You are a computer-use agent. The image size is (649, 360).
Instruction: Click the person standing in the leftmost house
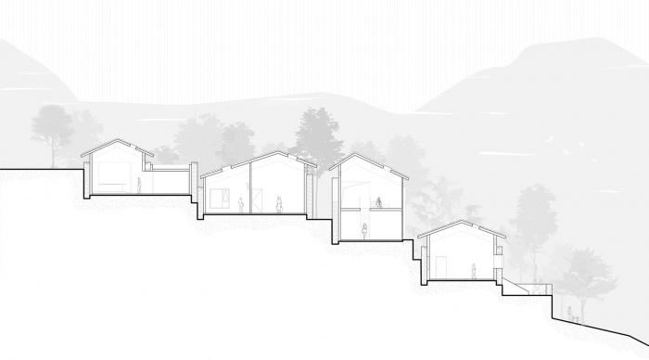[x=140, y=185]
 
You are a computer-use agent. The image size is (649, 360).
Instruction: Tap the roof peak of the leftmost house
[x=114, y=141]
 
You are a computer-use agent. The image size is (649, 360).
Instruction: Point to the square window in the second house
[x=222, y=198]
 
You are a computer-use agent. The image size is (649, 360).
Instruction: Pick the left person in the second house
[x=242, y=204]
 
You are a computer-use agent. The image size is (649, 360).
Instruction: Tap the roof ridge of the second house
[x=274, y=152]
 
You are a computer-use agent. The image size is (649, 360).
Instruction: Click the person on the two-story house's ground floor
[x=365, y=231]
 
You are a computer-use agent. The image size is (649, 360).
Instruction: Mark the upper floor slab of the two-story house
[x=369, y=211]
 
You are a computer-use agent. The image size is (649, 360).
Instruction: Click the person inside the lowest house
[x=473, y=271]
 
